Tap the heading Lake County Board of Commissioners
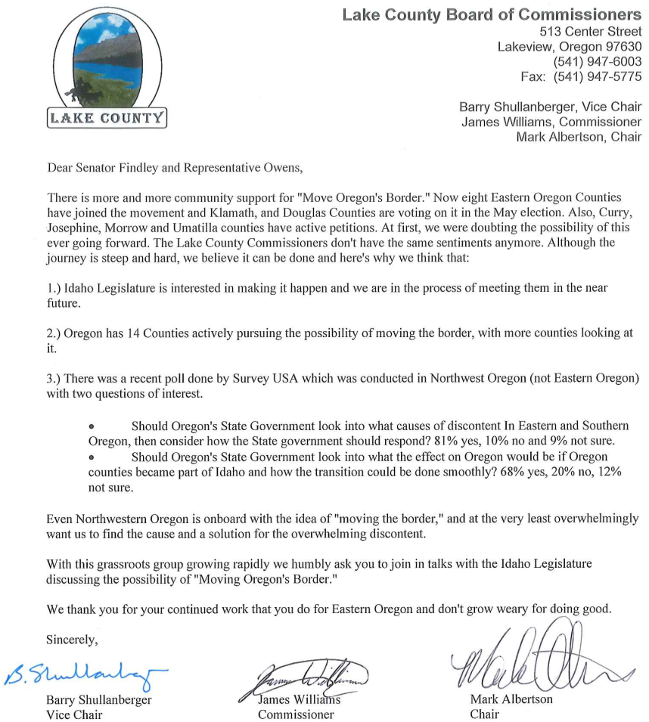pyautogui.click(x=492, y=14)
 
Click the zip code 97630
pyautogui.click(x=620, y=46)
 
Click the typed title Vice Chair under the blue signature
pyautogui.click(x=74, y=714)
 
